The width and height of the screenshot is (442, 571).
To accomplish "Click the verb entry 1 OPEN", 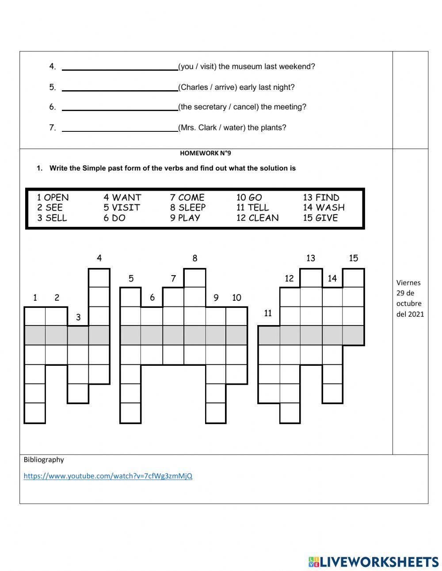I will [x=53, y=198].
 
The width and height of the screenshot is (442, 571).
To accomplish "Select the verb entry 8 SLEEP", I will [x=188, y=207].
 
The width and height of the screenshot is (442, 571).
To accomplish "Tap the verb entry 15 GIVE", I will [x=320, y=218].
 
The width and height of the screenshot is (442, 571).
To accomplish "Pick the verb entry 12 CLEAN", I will [x=257, y=218].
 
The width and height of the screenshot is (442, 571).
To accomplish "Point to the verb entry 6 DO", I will [x=114, y=218].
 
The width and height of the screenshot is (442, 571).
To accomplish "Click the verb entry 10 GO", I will [x=249, y=198].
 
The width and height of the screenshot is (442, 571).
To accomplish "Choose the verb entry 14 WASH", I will [x=324, y=207].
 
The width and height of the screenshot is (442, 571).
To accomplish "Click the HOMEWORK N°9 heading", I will [x=206, y=153].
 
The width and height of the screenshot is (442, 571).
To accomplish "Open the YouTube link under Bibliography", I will [x=108, y=476].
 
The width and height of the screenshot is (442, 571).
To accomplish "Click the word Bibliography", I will [x=44, y=460].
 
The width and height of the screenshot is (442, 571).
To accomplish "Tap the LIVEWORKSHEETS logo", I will [x=373, y=562].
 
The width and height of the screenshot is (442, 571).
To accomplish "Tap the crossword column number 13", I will [x=311, y=258].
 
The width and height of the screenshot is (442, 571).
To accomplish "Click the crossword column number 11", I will [x=268, y=313].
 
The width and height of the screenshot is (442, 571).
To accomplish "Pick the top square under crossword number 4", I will [x=99, y=278].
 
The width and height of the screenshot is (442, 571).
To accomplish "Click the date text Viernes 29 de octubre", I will [x=410, y=298].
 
